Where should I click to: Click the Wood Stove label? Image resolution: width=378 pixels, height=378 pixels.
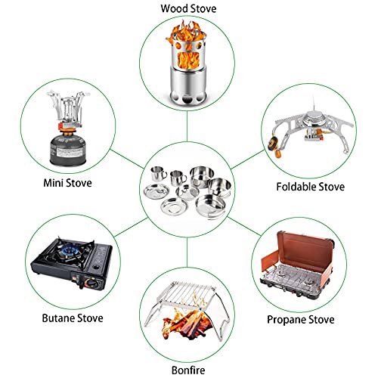pyautogui.click(x=188, y=8)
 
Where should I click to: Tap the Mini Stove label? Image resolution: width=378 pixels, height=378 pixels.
pyautogui.click(x=67, y=183)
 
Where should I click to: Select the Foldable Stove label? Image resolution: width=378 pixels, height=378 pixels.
pyautogui.click(x=310, y=187)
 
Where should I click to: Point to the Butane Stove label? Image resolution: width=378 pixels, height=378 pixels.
pyautogui.click(x=73, y=318)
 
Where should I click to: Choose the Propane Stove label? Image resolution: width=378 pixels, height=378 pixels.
pyautogui.click(x=301, y=320)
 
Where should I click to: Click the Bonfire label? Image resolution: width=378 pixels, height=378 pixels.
pyautogui.click(x=188, y=370)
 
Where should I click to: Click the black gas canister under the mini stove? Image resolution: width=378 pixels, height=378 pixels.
pyautogui.click(x=68, y=150)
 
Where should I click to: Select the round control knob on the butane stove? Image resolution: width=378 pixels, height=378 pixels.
pyautogui.click(x=91, y=283)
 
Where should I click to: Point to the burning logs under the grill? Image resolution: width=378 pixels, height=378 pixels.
pyautogui.click(x=187, y=325)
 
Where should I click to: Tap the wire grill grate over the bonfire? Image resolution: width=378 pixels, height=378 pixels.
pyautogui.click(x=187, y=293)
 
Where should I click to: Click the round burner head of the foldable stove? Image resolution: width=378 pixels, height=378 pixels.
pyautogui.click(x=314, y=119)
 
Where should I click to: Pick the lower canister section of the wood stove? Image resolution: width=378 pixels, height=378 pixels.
pyautogui.click(x=187, y=85)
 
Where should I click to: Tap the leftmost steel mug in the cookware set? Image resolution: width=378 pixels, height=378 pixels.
pyautogui.click(x=158, y=173)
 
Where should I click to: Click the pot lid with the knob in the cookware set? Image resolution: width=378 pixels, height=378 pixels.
pyautogui.click(x=187, y=192)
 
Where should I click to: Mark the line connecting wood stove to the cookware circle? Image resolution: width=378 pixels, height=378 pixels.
pyautogui.click(x=187, y=126)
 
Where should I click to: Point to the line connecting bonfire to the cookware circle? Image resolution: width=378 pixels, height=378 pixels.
pyautogui.click(x=187, y=252)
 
